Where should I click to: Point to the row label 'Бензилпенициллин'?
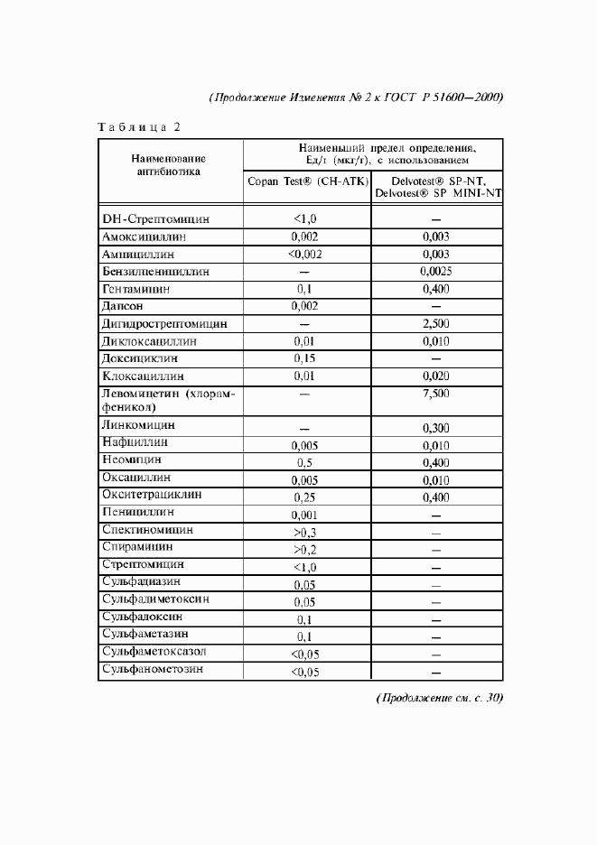(x=156, y=271)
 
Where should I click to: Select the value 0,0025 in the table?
(x=436, y=271)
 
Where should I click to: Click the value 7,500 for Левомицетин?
(x=436, y=394)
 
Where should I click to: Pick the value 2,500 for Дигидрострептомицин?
(x=436, y=323)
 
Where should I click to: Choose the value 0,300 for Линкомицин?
(x=436, y=428)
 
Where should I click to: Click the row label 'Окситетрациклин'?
(x=152, y=495)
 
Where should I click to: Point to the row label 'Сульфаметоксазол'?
(x=154, y=650)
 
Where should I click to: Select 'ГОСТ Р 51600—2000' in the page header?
(x=443, y=97)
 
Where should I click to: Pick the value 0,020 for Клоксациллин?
(x=436, y=376)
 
